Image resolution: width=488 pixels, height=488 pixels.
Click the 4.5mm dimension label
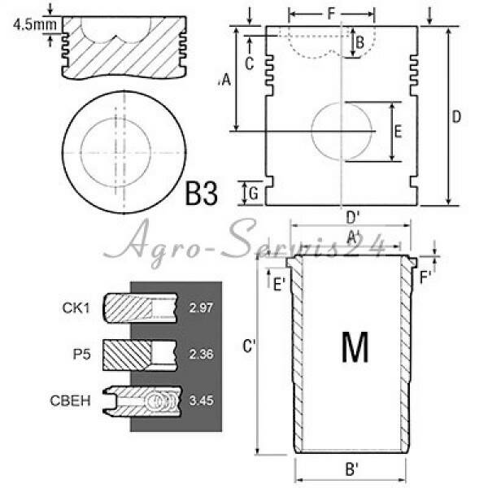(35, 25)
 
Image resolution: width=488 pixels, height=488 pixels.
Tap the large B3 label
(202, 194)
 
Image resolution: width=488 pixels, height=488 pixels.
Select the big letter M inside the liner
(355, 347)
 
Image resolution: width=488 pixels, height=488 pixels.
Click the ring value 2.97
(201, 307)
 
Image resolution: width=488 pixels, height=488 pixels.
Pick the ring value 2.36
(201, 354)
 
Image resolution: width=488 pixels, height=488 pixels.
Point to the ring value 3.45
(202, 400)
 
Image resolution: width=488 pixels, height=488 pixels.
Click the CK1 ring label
(76, 307)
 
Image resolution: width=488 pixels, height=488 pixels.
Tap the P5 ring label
(82, 354)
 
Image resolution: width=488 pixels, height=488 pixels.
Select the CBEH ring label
(70, 400)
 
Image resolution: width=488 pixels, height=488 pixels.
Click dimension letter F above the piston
(331, 14)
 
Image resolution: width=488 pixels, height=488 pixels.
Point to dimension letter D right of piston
(456, 116)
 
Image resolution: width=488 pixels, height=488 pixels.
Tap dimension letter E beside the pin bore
(398, 131)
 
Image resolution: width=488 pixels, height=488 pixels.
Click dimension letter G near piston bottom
(254, 194)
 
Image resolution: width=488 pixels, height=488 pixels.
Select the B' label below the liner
(352, 469)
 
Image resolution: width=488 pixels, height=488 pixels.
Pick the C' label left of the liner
(249, 346)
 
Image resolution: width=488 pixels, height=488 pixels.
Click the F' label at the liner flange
(425, 277)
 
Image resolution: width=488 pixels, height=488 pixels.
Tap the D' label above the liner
(353, 217)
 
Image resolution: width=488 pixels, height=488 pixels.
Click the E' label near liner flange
(279, 284)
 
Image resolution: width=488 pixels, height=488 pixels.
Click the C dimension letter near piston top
(250, 63)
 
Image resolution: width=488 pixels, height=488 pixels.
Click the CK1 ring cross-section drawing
(140, 307)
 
